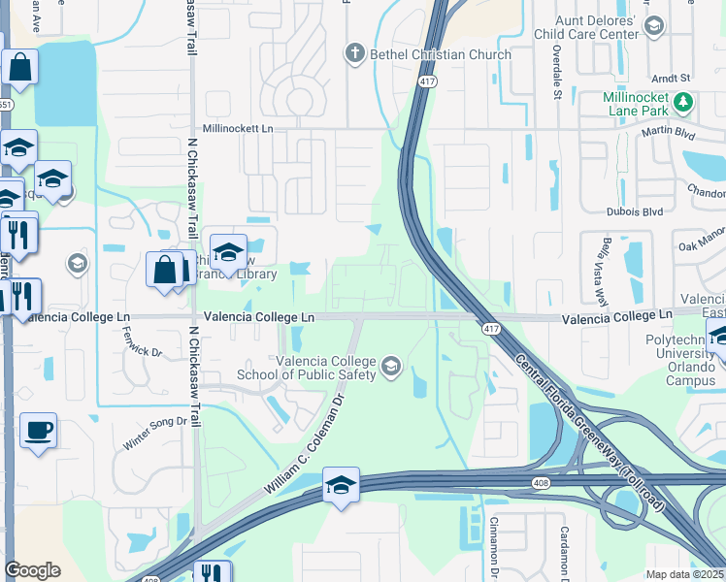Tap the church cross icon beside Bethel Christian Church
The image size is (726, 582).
coord(356,53)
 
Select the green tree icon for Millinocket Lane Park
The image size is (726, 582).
coord(685,101)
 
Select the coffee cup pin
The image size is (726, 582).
coord(38,430)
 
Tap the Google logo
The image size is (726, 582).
coord(32,570)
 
